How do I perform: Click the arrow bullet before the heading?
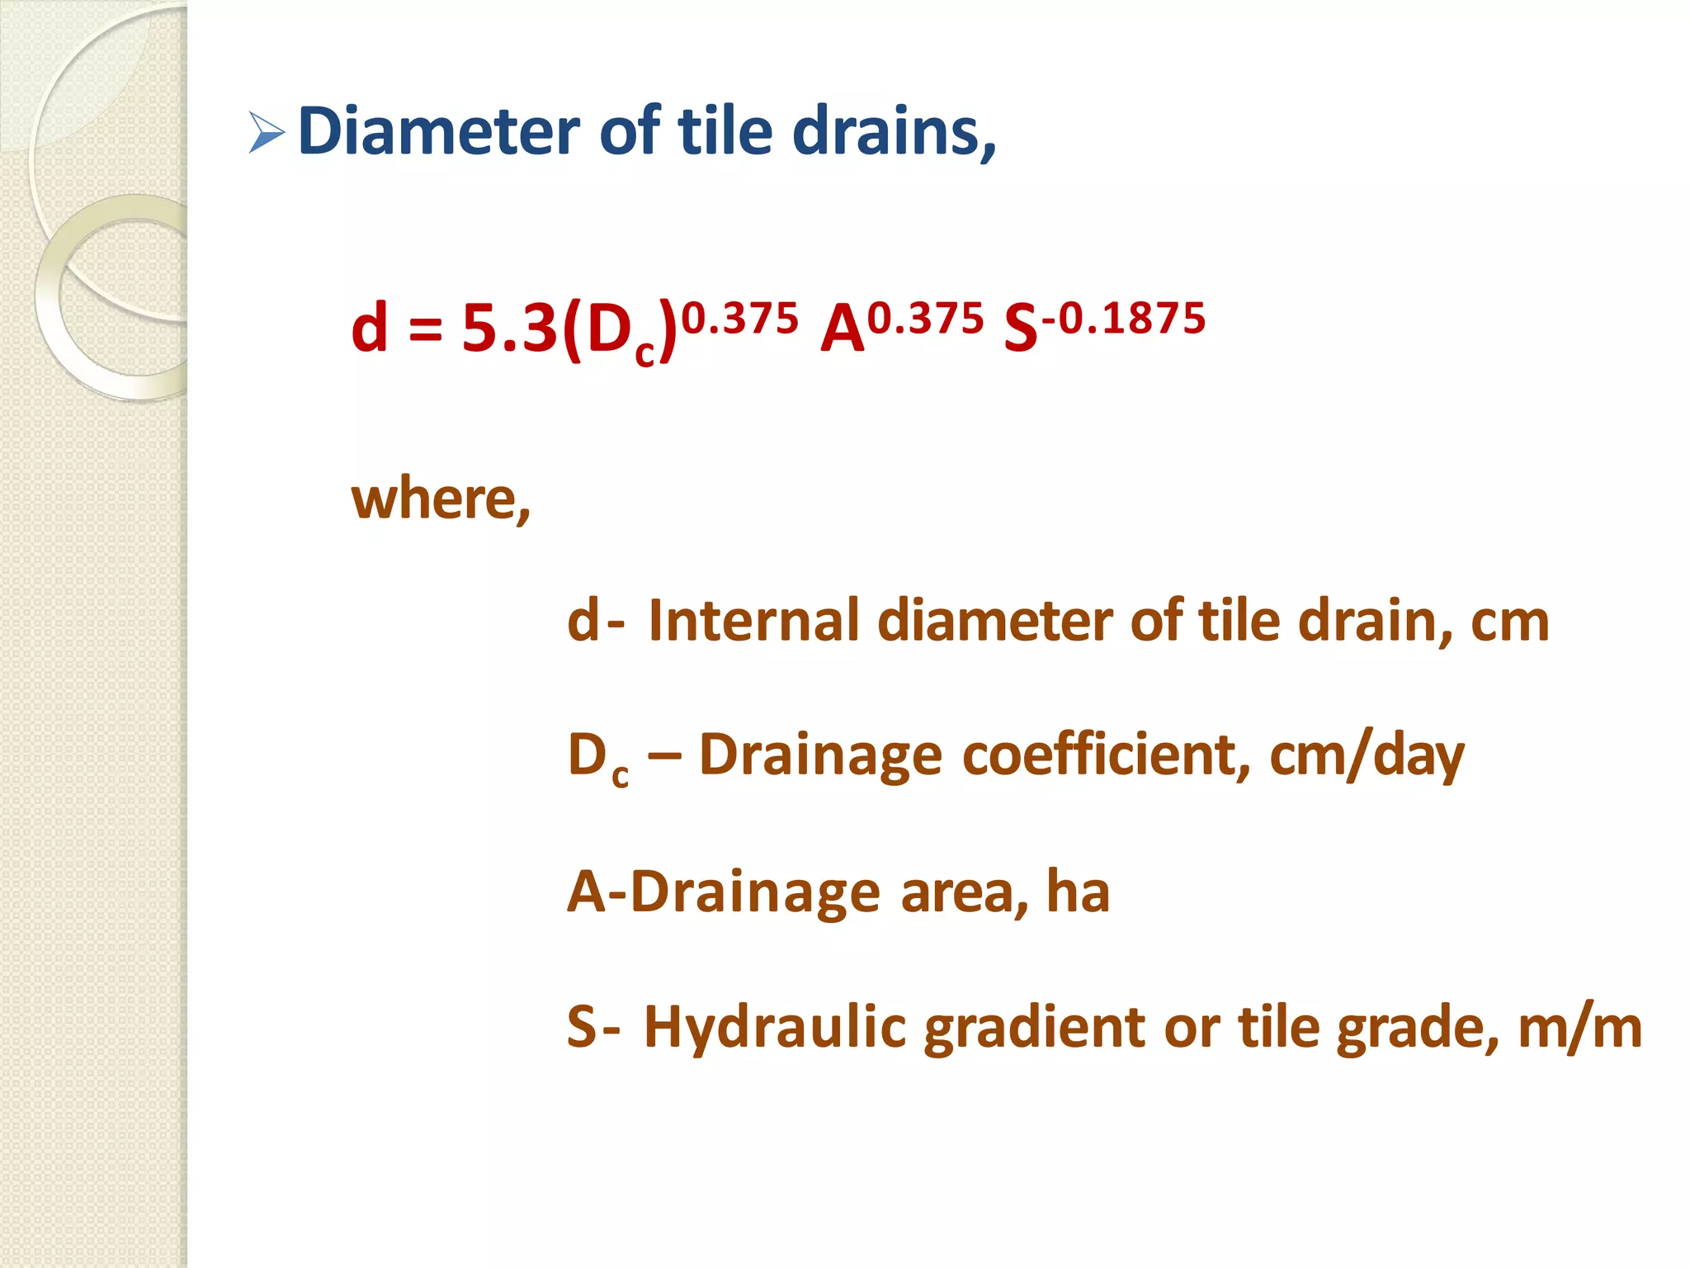266,133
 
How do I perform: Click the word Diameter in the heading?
438,131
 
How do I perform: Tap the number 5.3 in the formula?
509,329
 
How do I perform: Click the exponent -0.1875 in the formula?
1123,319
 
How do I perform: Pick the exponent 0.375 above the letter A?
926,319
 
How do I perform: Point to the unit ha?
1078,892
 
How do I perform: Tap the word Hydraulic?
775,1028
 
